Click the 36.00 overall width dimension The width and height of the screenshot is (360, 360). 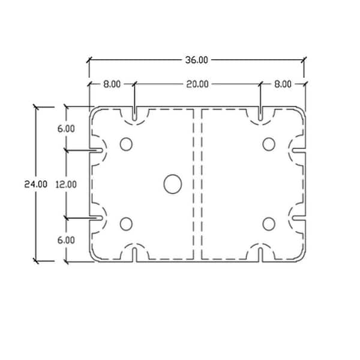pyautogui.click(x=197, y=60)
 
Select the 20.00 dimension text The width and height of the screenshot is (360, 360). pyautogui.click(x=197, y=84)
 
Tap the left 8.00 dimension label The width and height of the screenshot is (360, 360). pyautogui.click(x=112, y=84)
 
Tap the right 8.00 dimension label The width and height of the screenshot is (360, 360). pyautogui.click(x=283, y=84)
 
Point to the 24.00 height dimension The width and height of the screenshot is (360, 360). pyautogui.click(x=36, y=184)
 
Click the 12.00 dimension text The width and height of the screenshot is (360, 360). pyautogui.click(x=66, y=184)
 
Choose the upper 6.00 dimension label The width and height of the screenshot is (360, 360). pyautogui.click(x=66, y=128)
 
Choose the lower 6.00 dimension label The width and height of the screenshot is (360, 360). pyautogui.click(x=66, y=241)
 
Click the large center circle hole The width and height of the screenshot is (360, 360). pyautogui.click(x=173, y=184)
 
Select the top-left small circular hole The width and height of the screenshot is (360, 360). pyautogui.click(x=126, y=144)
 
